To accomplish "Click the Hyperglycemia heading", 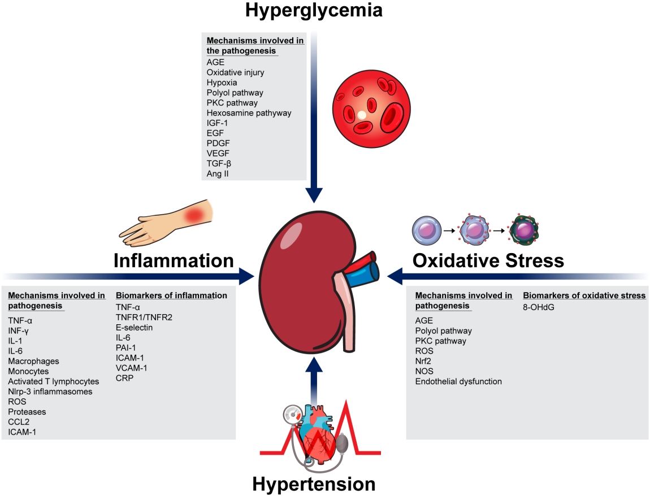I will (314, 10).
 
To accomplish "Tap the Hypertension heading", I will (314, 484).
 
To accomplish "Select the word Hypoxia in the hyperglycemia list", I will (222, 82).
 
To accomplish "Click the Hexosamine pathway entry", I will (249, 113).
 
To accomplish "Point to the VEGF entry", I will (218, 154).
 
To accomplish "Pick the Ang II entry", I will (218, 174).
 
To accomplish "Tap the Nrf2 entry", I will (423, 361).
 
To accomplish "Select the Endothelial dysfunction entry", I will (458, 381).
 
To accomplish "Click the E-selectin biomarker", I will (135, 328).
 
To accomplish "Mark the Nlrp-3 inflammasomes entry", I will (50, 391).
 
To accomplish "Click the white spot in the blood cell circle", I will (361, 115).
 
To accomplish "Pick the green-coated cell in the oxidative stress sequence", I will (523, 231).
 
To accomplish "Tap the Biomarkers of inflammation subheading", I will (171, 295).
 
